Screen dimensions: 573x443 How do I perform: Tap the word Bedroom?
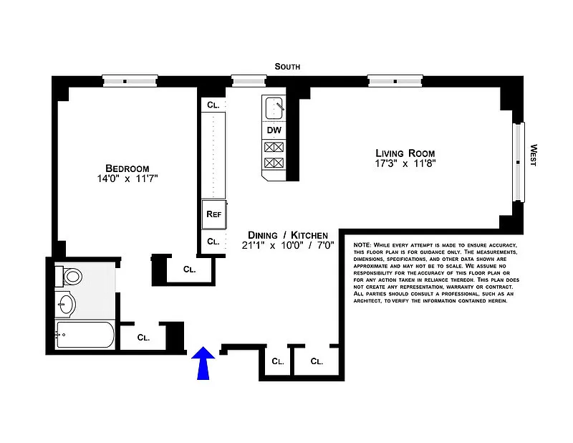[x=127, y=168]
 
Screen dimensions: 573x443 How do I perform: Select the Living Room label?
[x=405, y=153]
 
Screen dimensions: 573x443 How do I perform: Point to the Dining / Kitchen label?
[x=288, y=235]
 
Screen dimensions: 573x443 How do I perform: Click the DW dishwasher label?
[x=274, y=130]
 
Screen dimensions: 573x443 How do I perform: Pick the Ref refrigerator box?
[x=214, y=214]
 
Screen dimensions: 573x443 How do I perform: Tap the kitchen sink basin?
[x=274, y=108]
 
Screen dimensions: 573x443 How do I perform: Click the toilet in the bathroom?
[x=69, y=276]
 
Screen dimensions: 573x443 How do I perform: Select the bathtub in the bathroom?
[x=85, y=334]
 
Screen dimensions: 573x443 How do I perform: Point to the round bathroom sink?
[x=66, y=305]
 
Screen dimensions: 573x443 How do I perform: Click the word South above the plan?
[x=287, y=67]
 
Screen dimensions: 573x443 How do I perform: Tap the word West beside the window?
[x=534, y=156]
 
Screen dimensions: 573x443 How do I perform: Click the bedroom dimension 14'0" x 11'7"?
[x=127, y=178]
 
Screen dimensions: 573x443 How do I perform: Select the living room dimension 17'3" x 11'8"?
[x=405, y=163]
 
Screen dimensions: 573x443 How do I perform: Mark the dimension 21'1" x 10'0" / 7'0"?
[x=288, y=245]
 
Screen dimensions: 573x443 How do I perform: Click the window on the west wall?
[x=518, y=162]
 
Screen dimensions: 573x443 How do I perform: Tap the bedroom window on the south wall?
[x=130, y=81]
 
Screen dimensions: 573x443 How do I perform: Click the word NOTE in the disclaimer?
[x=362, y=245]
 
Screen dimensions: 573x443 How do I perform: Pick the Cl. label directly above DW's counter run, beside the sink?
[x=213, y=105]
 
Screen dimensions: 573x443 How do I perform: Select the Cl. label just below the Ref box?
[x=213, y=242]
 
